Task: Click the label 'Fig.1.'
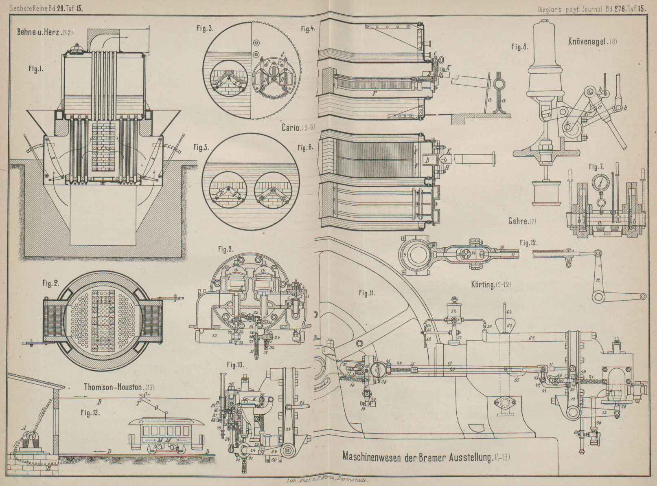coord(36,69)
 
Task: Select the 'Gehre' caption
coord(519,222)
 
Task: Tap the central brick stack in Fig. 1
coord(105,150)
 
